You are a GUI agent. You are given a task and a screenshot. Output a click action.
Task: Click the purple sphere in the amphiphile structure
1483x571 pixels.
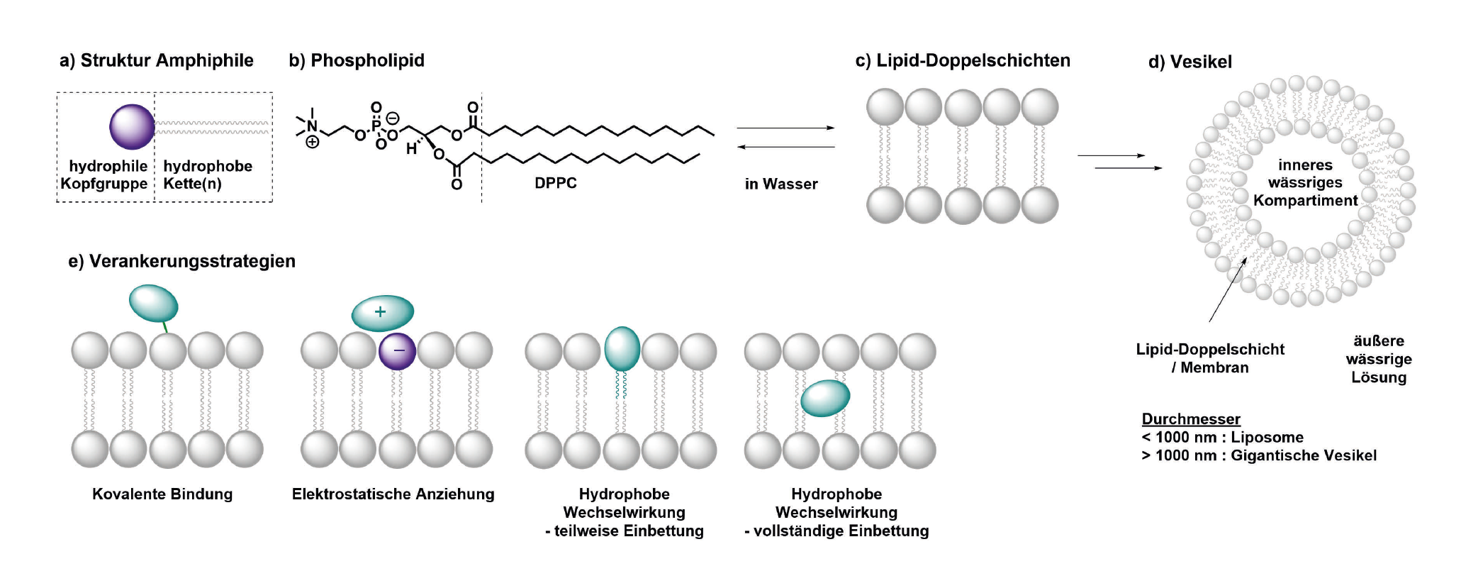pos(132,127)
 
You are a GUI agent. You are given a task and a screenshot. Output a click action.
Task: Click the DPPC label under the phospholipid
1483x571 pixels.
pos(555,183)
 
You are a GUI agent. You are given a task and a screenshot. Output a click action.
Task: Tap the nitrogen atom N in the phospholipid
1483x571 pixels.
pos(312,127)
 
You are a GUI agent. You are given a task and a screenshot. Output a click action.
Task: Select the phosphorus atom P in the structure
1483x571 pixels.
pos(376,126)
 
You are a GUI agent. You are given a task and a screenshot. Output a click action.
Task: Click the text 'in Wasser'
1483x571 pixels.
pos(781,184)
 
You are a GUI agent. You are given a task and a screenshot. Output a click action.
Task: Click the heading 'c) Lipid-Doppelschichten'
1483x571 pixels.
pos(963,60)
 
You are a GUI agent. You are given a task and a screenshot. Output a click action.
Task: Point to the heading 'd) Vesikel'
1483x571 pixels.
pos(1190,62)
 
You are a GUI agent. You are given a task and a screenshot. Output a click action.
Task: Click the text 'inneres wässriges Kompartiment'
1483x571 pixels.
pos(1305,182)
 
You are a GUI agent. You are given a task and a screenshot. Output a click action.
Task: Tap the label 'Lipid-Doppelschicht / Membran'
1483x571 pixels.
pos(1210,358)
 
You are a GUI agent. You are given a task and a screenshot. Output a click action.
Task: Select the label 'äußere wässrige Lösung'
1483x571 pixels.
pos(1379,359)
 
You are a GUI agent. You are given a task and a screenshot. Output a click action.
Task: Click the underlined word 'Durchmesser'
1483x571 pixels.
pos(1191,419)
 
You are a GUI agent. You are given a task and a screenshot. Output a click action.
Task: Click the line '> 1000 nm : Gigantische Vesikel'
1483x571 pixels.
pos(1259,455)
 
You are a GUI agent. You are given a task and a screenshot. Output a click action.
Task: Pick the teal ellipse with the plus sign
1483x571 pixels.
pos(383,313)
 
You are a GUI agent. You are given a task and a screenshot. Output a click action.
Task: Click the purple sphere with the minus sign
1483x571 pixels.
pos(397,351)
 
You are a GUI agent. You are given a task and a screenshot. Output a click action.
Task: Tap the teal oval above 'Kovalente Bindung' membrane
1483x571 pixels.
pos(154,303)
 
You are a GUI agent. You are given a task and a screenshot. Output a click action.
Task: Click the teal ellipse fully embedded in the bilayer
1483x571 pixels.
pos(825,398)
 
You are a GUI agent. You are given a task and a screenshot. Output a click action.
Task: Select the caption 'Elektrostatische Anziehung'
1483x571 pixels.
pos(393,494)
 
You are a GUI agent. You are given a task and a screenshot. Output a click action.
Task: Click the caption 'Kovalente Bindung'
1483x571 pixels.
pos(162,494)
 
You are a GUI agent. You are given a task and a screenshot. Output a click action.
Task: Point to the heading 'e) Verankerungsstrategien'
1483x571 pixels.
pos(181,261)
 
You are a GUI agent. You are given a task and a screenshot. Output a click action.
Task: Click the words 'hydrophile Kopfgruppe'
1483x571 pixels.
pos(105,174)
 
